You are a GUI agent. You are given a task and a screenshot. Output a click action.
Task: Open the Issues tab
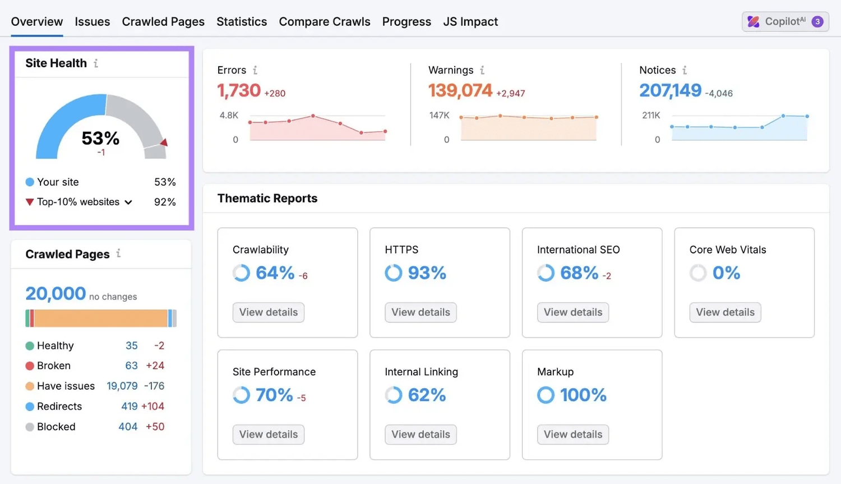[92, 22]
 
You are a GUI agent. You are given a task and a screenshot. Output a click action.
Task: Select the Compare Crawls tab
[324, 22]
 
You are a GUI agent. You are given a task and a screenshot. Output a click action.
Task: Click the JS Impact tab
[470, 22]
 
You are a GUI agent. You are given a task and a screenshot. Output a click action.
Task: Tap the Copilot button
[785, 22]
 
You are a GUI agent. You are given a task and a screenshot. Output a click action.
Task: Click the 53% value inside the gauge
[100, 138]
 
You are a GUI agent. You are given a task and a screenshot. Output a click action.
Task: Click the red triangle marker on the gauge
[164, 142]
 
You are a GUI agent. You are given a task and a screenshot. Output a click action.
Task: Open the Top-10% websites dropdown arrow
[128, 202]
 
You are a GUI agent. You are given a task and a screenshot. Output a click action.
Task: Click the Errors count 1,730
[239, 90]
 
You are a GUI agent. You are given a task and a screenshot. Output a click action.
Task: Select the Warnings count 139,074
[460, 90]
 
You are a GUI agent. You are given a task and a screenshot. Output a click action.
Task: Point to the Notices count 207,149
[670, 90]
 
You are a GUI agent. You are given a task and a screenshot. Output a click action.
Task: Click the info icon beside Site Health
[96, 63]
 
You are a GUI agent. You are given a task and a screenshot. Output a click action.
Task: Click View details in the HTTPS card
[420, 312]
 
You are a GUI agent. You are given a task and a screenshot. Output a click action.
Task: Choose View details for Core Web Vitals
[725, 312]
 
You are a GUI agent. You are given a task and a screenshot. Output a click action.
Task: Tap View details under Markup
[572, 435]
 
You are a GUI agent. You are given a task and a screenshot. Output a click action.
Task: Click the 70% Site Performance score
[274, 395]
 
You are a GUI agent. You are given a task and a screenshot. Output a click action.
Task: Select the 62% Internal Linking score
[427, 395]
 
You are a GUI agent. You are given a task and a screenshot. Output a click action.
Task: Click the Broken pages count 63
[131, 366]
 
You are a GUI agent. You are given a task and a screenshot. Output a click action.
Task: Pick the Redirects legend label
[59, 407]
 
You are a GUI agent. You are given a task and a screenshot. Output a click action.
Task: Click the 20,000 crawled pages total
[56, 293]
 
